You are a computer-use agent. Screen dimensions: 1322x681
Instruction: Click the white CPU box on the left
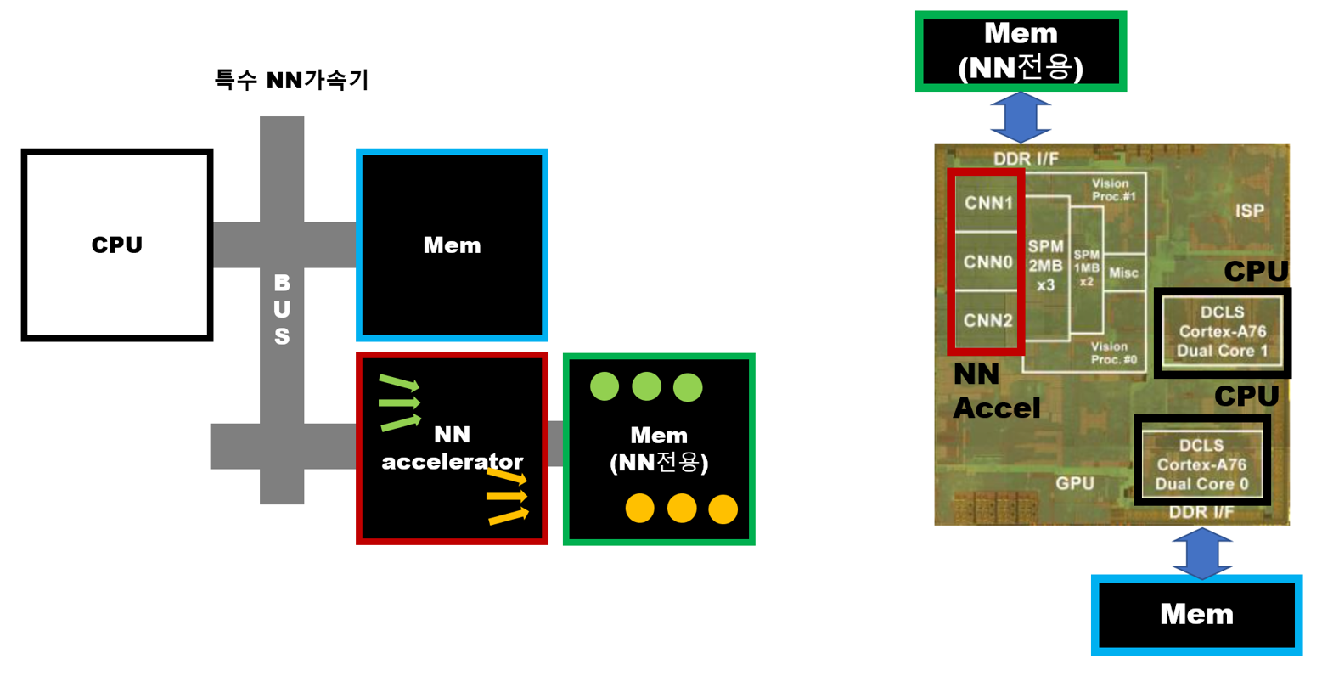(117, 245)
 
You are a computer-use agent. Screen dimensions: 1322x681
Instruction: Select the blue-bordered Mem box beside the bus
(452, 245)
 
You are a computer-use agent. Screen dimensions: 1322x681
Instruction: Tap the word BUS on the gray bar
(282, 309)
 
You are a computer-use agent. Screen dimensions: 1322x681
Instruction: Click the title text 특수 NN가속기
(291, 81)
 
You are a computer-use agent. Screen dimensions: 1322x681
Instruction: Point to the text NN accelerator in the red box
(452, 448)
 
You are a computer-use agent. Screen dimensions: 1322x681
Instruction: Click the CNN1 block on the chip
(988, 204)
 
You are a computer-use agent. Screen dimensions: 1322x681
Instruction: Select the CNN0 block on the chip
(988, 262)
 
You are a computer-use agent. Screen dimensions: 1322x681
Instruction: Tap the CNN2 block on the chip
(988, 321)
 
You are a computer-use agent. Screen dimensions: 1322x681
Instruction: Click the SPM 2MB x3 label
(1045, 266)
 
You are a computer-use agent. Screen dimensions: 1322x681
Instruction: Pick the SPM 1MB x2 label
(1086, 267)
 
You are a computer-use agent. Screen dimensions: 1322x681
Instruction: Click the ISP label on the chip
(1249, 211)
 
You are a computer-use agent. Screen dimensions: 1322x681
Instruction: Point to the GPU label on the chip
(1075, 483)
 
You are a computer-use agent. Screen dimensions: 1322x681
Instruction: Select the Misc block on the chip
(1123, 273)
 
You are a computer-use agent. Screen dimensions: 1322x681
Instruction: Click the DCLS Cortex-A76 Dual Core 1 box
(1222, 332)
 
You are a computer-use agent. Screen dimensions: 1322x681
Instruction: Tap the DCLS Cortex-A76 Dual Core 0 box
(1201, 464)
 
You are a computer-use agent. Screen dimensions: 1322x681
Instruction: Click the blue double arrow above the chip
(1021, 117)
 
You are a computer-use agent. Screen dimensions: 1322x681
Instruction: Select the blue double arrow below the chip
(1201, 553)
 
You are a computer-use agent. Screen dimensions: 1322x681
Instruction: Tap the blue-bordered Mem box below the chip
(1196, 614)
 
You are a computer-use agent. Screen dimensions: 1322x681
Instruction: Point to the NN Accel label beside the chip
(995, 391)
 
